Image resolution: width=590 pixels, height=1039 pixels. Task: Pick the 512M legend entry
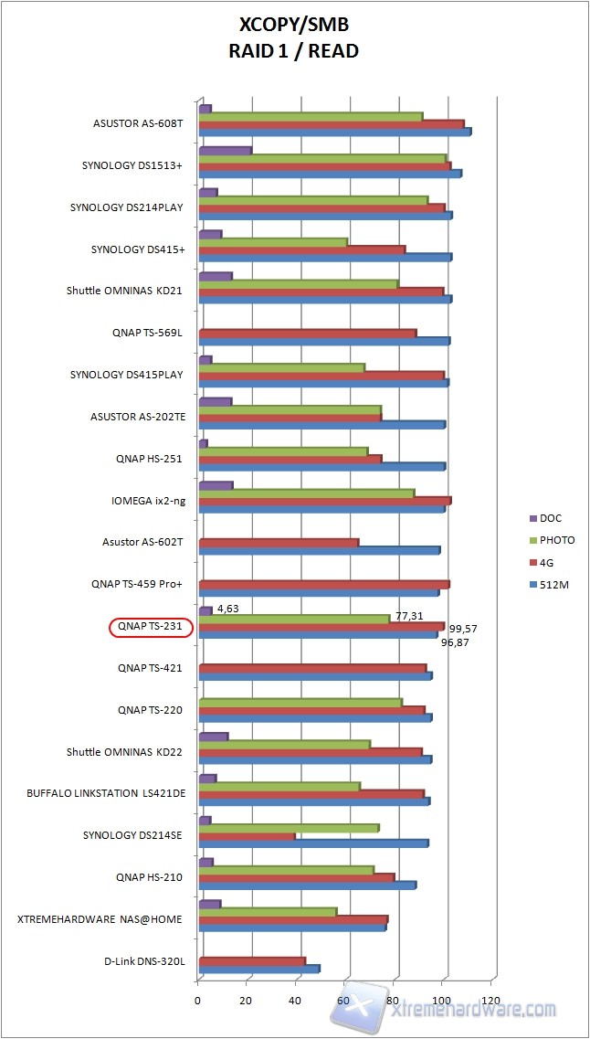(554, 585)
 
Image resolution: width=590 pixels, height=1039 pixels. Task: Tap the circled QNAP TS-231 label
(151, 627)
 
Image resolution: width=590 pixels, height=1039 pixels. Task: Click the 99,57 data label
(464, 629)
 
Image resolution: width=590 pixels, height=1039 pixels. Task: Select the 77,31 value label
(408, 617)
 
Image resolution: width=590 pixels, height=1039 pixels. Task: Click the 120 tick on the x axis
(493, 1001)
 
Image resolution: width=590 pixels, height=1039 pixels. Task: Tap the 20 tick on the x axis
(247, 1001)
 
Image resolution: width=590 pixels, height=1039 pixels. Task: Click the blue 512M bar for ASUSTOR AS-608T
(334, 132)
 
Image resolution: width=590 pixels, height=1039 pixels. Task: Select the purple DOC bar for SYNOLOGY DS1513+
(225, 150)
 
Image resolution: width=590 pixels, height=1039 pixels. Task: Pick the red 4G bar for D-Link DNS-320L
(251, 960)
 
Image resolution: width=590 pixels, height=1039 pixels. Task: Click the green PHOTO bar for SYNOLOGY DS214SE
(289, 828)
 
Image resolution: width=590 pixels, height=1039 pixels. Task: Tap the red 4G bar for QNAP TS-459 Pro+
(323, 584)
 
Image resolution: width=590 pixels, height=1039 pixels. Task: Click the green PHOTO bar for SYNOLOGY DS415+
(273, 242)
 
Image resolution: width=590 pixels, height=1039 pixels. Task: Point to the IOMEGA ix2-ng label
(145, 500)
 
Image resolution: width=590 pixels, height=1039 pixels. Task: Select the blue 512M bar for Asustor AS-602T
(319, 550)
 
